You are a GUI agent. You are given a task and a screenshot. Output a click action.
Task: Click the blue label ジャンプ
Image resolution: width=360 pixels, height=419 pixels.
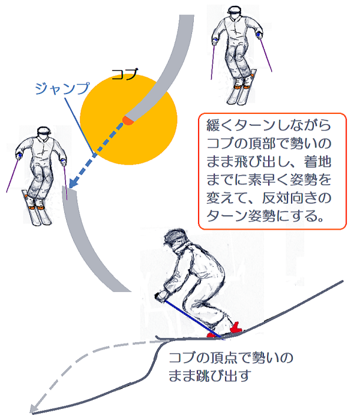[x=62, y=89]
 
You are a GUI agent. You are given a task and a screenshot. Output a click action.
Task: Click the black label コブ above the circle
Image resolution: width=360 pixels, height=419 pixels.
[x=125, y=74]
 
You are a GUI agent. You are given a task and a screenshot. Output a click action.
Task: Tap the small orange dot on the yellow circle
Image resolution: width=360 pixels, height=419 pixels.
[x=128, y=120]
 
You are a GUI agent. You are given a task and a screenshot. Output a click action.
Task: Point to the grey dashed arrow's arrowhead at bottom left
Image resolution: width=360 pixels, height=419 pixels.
[x=34, y=408]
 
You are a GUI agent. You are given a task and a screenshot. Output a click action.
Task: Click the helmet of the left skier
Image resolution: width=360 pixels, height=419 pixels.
[x=44, y=131]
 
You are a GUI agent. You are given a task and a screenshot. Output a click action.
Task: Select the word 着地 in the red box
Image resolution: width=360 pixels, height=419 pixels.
[x=318, y=162]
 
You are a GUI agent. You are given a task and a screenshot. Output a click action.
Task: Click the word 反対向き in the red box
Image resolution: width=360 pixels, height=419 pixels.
[x=290, y=198]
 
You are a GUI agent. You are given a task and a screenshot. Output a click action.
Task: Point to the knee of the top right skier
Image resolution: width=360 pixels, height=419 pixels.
[x=238, y=56]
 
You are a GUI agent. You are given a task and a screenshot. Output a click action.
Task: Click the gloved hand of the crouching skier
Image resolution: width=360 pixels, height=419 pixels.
[x=161, y=296]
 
